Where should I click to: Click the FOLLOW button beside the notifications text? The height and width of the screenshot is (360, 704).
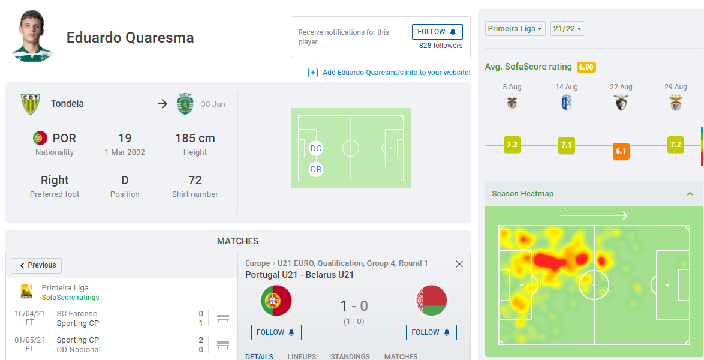pyautogui.click(x=437, y=32)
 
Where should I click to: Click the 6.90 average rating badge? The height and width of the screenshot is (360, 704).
pyautogui.click(x=586, y=67)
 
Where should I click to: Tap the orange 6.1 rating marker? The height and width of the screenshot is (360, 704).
pyautogui.click(x=621, y=151)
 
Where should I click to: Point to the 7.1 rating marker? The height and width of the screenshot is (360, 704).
pyautogui.click(x=566, y=145)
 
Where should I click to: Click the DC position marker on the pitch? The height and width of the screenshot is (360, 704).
pyautogui.click(x=316, y=148)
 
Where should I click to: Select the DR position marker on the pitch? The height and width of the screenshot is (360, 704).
pyautogui.click(x=316, y=170)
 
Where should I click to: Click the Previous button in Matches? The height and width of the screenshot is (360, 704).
pyautogui.click(x=37, y=265)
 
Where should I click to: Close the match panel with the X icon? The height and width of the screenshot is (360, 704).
pyautogui.click(x=459, y=264)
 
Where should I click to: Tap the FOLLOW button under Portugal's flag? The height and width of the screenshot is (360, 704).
pyautogui.click(x=276, y=332)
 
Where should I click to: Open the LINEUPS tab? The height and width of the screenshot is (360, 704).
pyautogui.click(x=302, y=356)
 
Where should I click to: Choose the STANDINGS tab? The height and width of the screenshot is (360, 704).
pyautogui.click(x=350, y=356)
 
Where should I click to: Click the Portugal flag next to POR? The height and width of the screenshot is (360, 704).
pyautogui.click(x=40, y=138)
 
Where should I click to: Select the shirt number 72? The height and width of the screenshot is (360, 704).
pyautogui.click(x=195, y=180)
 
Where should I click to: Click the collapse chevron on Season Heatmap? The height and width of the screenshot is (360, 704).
pyautogui.click(x=690, y=194)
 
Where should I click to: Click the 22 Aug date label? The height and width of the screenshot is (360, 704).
pyautogui.click(x=621, y=87)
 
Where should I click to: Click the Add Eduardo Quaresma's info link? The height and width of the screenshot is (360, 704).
pyautogui.click(x=396, y=73)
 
